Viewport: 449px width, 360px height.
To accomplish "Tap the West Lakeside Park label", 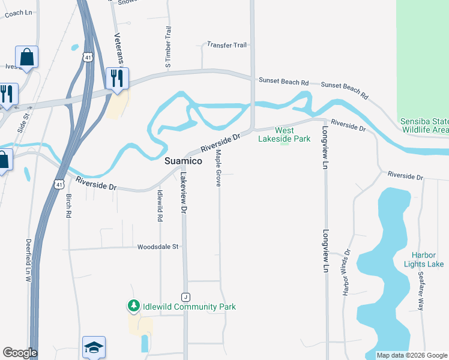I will click(x=284, y=134).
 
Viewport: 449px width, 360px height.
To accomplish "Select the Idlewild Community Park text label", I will click(x=189, y=307).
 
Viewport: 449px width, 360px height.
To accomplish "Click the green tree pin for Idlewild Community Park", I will click(x=133, y=306).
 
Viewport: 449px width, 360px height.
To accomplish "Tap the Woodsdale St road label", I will click(x=158, y=247).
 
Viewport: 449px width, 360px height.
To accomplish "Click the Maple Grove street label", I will click(x=218, y=169).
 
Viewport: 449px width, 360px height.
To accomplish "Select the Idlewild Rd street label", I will click(x=160, y=206).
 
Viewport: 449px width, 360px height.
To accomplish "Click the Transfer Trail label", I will click(x=227, y=45).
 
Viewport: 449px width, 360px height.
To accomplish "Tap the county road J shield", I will click(x=186, y=297).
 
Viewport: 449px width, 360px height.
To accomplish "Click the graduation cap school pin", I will click(x=94, y=346).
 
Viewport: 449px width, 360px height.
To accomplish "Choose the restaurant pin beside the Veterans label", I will click(x=116, y=78).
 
